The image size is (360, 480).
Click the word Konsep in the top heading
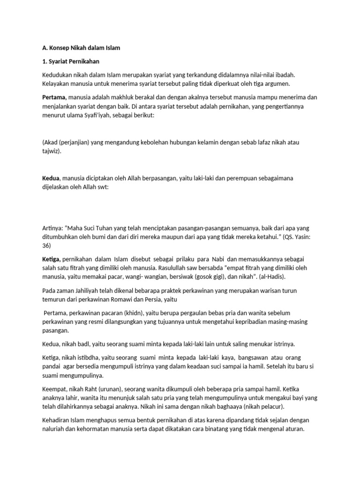pos(60,48)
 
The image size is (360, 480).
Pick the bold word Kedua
pos(51,179)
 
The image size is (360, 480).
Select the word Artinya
pos(53,228)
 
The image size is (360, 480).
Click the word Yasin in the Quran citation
pos(300,237)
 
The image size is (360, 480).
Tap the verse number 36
pos(46,246)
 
